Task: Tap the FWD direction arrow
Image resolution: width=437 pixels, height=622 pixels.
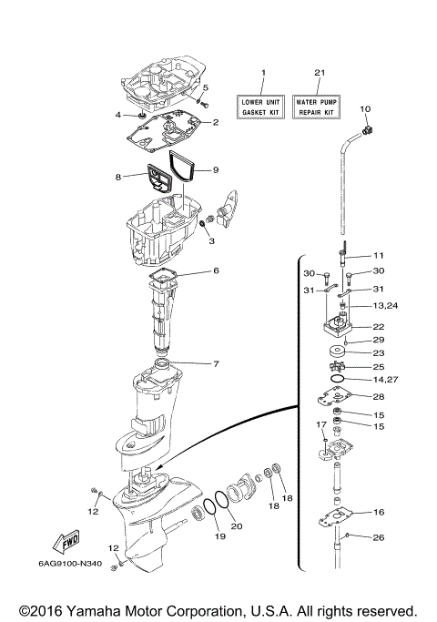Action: pos(69,544)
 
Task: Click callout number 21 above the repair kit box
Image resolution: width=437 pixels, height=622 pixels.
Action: pos(318,72)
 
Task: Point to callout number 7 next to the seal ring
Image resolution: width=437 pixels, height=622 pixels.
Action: pos(216,364)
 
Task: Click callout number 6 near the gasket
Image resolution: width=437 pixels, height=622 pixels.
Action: pos(216,270)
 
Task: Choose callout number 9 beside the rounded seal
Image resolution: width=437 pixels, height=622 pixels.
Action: pos(216,169)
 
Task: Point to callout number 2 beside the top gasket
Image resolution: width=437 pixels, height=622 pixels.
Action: pos(216,122)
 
